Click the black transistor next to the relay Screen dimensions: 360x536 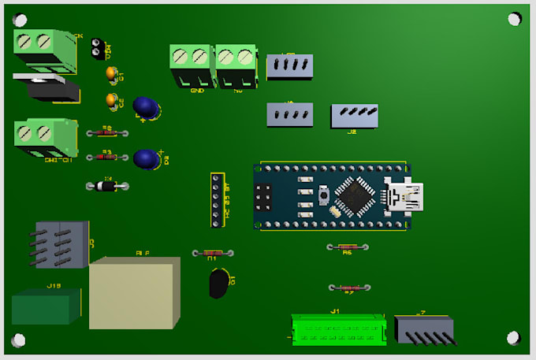pyautogui.click(x=219, y=283)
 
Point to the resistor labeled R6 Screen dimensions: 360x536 pyautogui.click(x=347, y=247)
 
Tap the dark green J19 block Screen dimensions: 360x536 pyautogui.click(x=45, y=306)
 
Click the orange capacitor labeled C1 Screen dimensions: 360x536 pyautogui.click(x=113, y=74)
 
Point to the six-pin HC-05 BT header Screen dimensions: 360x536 pyautogui.click(x=215, y=200)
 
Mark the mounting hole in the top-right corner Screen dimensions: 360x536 pyautogui.click(x=514, y=18)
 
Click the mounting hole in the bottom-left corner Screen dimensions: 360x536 pyautogui.click(x=17, y=340)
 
